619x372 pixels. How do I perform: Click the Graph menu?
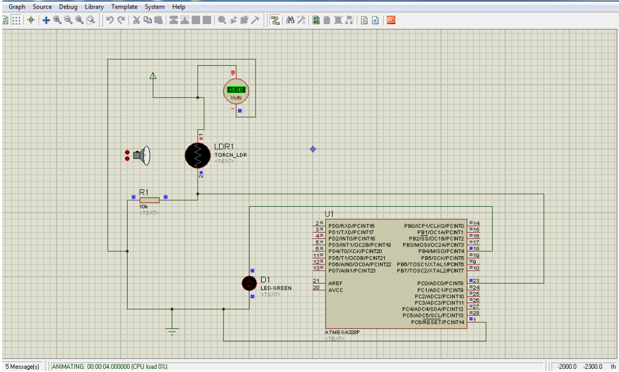tap(17, 7)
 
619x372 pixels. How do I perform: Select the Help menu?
tap(179, 7)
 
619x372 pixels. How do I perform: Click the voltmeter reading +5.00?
tap(236, 90)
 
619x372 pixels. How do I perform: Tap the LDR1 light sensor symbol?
tap(197, 156)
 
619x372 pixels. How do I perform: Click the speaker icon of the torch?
tap(141, 156)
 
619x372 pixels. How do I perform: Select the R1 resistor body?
tap(149, 200)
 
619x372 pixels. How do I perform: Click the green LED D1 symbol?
tap(249, 283)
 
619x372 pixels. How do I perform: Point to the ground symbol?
tap(172, 330)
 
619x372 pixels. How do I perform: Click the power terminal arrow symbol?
tap(153, 76)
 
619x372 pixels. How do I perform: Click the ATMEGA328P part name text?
tap(342, 332)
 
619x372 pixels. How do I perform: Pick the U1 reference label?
tap(329, 214)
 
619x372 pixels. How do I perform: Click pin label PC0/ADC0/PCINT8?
tap(440, 283)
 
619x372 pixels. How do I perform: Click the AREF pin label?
tap(335, 283)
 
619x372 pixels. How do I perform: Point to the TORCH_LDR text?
tap(230, 155)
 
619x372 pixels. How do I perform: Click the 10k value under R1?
tap(144, 207)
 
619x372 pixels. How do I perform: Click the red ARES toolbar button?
tap(391, 20)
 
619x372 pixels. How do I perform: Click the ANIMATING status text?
tap(109, 367)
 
